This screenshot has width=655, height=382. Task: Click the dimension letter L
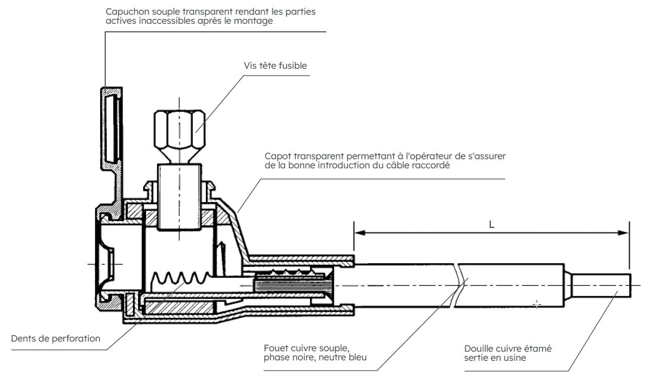[x=491, y=224]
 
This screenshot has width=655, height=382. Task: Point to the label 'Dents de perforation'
[x=56, y=339]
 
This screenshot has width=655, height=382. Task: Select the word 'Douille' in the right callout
[x=478, y=349]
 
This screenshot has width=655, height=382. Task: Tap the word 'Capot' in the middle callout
[x=277, y=156]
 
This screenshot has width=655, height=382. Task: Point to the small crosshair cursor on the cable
[x=537, y=305]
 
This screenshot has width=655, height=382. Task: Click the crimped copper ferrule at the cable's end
[x=602, y=285]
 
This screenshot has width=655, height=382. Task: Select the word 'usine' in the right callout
[x=513, y=358]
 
